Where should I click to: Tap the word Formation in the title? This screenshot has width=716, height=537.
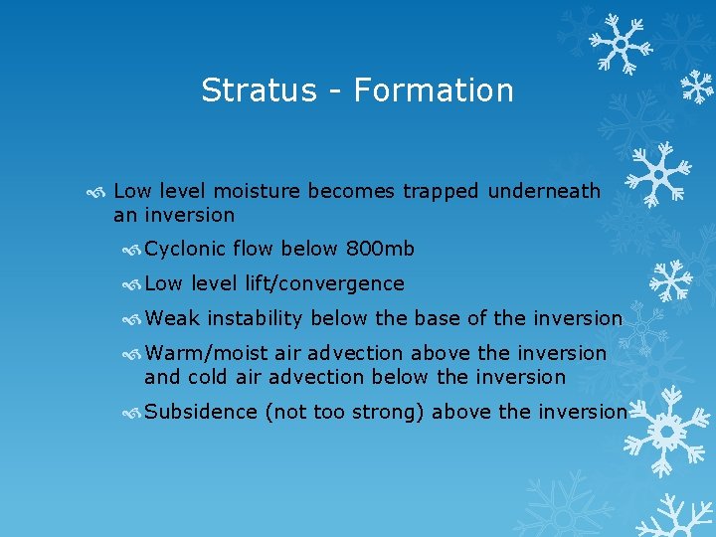(434, 90)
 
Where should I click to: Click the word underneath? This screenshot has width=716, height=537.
(544, 191)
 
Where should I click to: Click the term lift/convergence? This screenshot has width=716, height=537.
(325, 283)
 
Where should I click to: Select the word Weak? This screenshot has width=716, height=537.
(171, 318)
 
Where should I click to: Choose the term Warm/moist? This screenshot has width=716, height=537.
(203, 353)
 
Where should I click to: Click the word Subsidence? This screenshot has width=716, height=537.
(201, 412)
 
